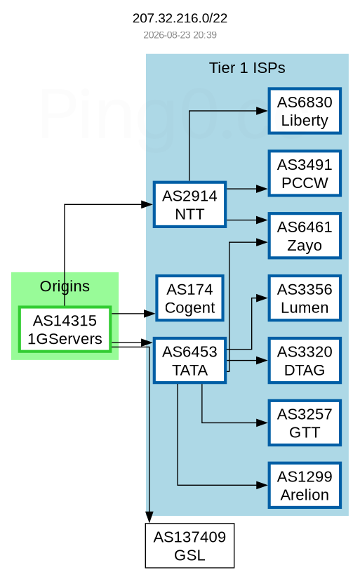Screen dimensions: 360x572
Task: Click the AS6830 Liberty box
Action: [305, 111]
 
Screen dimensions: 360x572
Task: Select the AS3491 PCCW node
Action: [305, 173]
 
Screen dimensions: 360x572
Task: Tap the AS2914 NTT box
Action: [189, 205]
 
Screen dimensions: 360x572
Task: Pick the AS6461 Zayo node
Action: [305, 236]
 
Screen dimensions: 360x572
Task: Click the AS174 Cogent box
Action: [189, 298]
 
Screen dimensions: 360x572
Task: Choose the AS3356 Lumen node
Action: [305, 298]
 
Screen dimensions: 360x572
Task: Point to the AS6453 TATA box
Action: [189, 361]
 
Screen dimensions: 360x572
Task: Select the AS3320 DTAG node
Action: [305, 361]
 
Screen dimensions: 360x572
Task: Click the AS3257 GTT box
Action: [305, 423]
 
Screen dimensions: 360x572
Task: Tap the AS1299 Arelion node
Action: [305, 485]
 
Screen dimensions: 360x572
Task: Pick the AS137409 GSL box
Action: [189, 546]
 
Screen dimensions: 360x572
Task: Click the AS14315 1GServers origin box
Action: [65, 329]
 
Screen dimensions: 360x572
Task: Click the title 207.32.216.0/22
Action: [180, 18]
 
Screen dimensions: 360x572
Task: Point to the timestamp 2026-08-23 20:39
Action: [180, 34]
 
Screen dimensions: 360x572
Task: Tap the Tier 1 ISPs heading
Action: [247, 68]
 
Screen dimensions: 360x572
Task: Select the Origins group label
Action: [65, 286]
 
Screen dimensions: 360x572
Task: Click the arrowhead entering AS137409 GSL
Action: [149, 517]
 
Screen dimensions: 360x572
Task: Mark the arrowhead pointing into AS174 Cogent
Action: [150, 313]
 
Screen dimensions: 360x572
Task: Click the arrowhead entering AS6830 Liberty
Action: [262, 111]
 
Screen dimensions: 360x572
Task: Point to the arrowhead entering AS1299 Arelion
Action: [262, 485]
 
